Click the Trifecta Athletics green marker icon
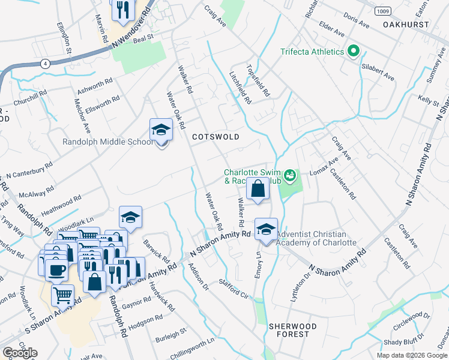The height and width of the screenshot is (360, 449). (353, 52)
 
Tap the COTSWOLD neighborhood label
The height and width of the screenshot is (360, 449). (215, 137)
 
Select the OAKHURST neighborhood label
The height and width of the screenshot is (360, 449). (406, 25)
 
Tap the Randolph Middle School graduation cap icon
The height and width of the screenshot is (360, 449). (161, 130)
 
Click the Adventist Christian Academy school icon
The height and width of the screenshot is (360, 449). (266, 229)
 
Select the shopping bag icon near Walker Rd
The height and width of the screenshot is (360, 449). (257, 188)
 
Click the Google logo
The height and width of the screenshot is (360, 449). (20, 353)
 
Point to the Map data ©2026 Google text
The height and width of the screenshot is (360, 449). (412, 355)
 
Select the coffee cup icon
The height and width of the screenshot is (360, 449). (56, 270)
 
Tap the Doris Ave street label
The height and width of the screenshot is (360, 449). (357, 22)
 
